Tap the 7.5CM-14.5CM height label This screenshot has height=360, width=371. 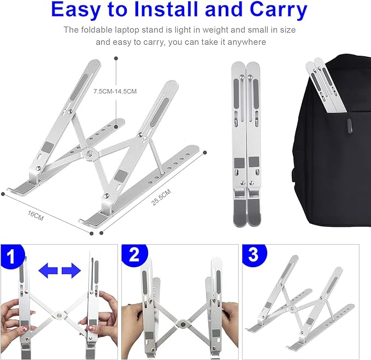115,91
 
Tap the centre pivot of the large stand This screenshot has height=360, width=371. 89,152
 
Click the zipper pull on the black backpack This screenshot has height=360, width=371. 348,126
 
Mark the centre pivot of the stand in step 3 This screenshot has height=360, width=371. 293,309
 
